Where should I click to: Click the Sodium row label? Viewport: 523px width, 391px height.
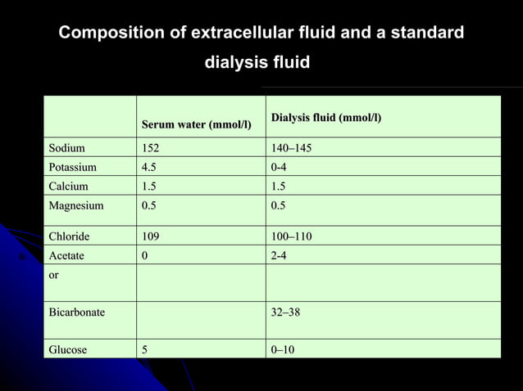[x=66, y=148]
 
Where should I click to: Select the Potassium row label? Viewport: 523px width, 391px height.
[x=72, y=167]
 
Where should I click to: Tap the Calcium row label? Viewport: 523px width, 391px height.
[x=68, y=186]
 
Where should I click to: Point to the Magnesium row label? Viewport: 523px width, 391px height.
[x=75, y=205]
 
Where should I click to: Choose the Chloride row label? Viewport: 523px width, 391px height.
[x=69, y=236]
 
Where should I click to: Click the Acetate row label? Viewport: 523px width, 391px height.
[x=66, y=255]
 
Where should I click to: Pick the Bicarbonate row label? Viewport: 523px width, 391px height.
[x=76, y=312]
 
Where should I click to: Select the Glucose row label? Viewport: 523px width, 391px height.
[x=68, y=349]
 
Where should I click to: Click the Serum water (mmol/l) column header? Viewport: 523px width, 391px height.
[x=197, y=125]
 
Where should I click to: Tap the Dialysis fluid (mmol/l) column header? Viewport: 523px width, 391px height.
[x=326, y=118]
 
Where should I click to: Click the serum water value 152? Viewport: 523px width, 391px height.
[x=150, y=148]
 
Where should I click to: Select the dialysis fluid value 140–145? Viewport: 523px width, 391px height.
[x=291, y=148]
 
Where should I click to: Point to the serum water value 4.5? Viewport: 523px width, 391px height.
[x=148, y=167]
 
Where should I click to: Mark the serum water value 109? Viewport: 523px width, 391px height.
[x=150, y=236]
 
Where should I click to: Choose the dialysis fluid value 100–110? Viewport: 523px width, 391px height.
[x=291, y=236]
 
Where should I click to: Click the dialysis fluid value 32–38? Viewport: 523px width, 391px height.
[x=285, y=312]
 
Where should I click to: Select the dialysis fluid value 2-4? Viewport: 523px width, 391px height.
[x=279, y=255]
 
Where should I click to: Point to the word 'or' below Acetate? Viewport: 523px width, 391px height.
[x=53, y=275]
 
